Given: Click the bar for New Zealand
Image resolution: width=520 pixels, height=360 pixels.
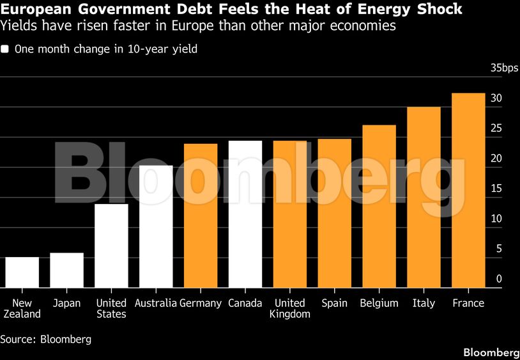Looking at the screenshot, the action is [22, 272].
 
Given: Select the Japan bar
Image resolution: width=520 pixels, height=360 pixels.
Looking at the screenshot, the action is [66, 270].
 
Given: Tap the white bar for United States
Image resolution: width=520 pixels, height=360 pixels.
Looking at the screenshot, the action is [111, 246].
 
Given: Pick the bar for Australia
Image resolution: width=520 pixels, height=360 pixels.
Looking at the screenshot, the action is [156, 226].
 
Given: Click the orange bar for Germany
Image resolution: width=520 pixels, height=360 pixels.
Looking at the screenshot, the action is [201, 215].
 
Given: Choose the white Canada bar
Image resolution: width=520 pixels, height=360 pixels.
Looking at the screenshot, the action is [245, 214].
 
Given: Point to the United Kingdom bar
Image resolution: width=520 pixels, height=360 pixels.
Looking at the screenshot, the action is [290, 214].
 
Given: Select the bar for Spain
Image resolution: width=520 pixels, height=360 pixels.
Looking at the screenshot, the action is [334, 214].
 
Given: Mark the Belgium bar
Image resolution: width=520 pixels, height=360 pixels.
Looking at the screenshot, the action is [379, 207].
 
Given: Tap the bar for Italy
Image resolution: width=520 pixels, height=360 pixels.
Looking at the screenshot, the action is [424, 198].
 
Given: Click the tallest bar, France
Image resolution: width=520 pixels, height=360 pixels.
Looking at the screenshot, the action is [468, 191].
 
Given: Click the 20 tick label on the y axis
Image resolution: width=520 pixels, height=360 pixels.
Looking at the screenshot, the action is [496, 159].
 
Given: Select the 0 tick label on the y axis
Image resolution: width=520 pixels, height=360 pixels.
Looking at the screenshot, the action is [499, 279].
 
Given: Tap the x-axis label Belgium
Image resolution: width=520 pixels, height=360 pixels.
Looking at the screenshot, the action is [379, 303].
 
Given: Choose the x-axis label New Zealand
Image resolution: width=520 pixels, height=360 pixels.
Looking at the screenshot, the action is [22, 309].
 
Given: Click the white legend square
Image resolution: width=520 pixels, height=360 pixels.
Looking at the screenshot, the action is [5, 49].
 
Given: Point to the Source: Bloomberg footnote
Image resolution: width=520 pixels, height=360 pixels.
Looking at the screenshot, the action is [46, 340].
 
